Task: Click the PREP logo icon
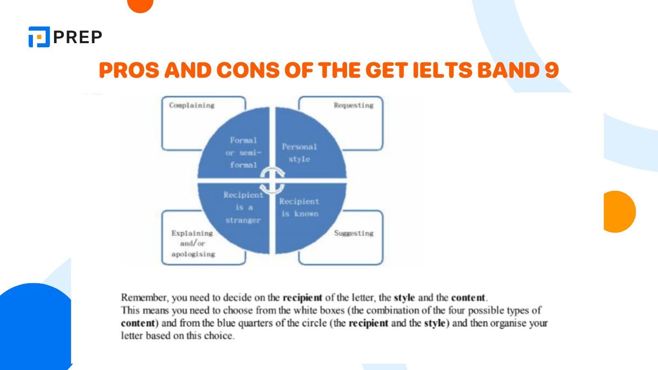39,37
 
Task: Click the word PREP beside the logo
78,37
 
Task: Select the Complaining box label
192,105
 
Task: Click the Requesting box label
353,105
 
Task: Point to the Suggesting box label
353,233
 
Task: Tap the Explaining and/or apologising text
193,243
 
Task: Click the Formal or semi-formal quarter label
243,153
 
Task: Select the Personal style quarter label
299,153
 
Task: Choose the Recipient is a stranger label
243,208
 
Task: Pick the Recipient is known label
299,208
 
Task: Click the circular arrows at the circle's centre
272,180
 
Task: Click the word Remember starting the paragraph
144,297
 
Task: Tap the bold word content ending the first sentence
468,297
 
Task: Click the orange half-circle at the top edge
140,5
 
